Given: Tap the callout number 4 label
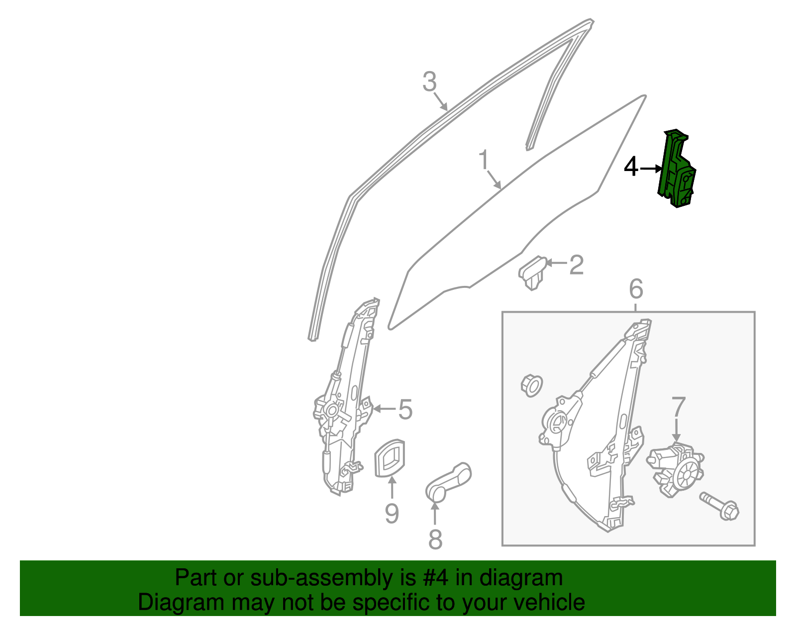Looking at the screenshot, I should coord(631,168).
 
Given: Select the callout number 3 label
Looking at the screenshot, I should coord(429,82).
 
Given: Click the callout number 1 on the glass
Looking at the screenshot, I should coord(484,160).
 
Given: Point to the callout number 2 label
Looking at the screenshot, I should coord(576,265).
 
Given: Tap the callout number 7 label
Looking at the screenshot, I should coord(679,407).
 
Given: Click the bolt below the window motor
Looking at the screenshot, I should coord(720,507).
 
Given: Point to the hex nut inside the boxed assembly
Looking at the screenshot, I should coord(531,385).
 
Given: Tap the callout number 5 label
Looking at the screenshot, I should coord(405,410).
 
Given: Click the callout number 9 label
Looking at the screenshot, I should coord(392,514).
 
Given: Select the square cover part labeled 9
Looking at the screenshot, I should coord(389,458).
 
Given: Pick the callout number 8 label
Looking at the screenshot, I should coord(435,539).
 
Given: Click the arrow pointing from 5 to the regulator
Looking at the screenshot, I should coord(384,409).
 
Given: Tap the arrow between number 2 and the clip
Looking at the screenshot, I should coord(556,263).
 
